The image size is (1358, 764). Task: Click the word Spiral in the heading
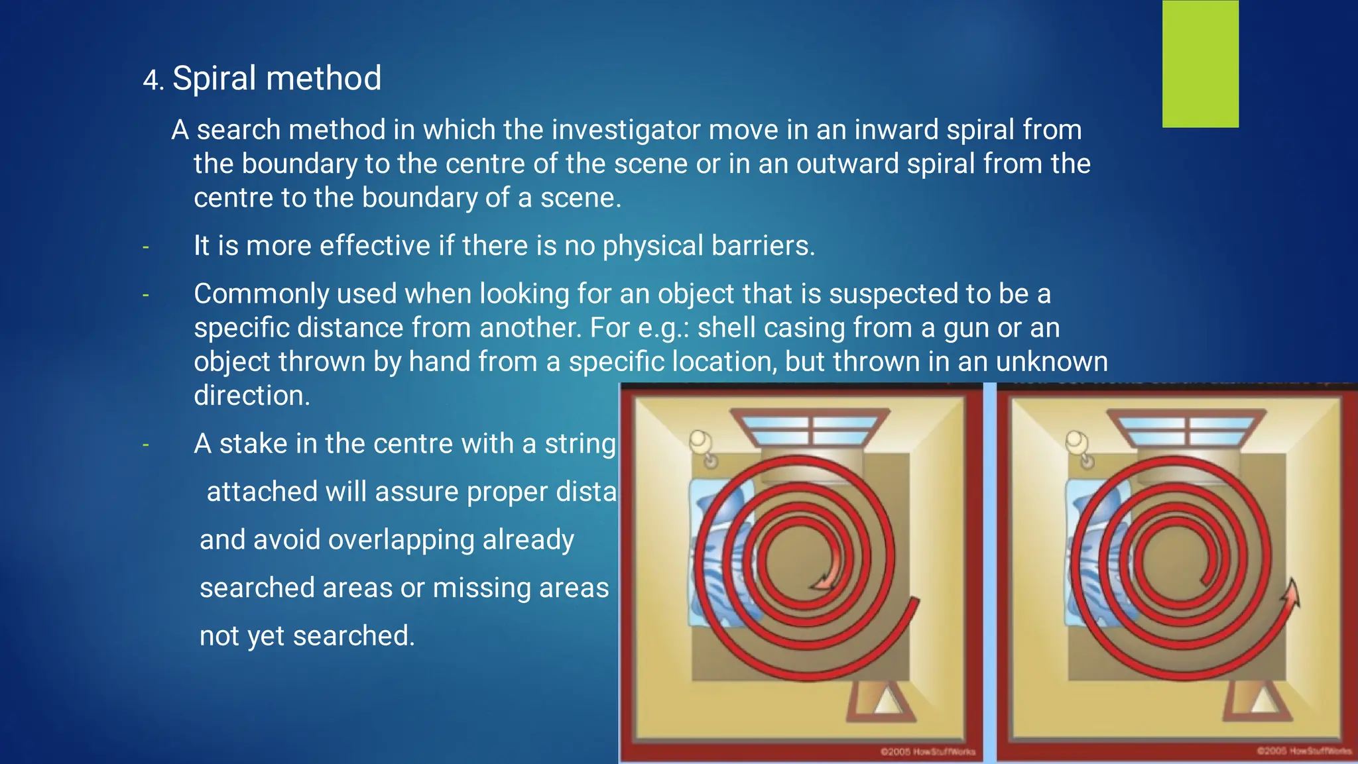pyautogui.click(x=214, y=79)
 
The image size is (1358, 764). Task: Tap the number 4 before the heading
pyautogui.click(x=151, y=81)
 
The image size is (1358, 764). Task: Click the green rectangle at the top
pyautogui.click(x=1200, y=64)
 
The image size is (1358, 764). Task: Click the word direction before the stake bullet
pyautogui.click(x=251, y=396)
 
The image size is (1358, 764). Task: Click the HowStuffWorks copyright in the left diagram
pyautogui.click(x=927, y=751)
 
